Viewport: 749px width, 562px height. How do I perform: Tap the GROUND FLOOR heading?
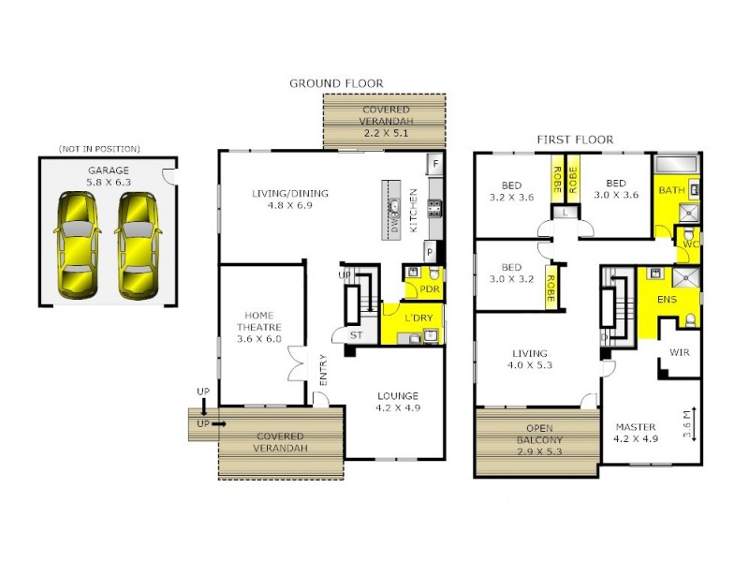pos(335,83)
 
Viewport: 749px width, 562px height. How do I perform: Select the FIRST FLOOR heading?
pos(575,140)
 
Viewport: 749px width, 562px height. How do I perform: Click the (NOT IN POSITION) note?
pos(99,149)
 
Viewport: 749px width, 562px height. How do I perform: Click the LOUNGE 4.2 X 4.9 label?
pos(399,402)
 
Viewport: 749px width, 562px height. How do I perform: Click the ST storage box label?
pos(356,334)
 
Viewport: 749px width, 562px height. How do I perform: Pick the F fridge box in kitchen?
pos(434,164)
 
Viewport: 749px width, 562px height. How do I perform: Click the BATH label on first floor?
pos(671,190)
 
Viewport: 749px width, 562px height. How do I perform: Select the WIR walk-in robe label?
pos(679,353)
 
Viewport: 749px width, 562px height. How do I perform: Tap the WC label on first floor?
pos(690,245)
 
